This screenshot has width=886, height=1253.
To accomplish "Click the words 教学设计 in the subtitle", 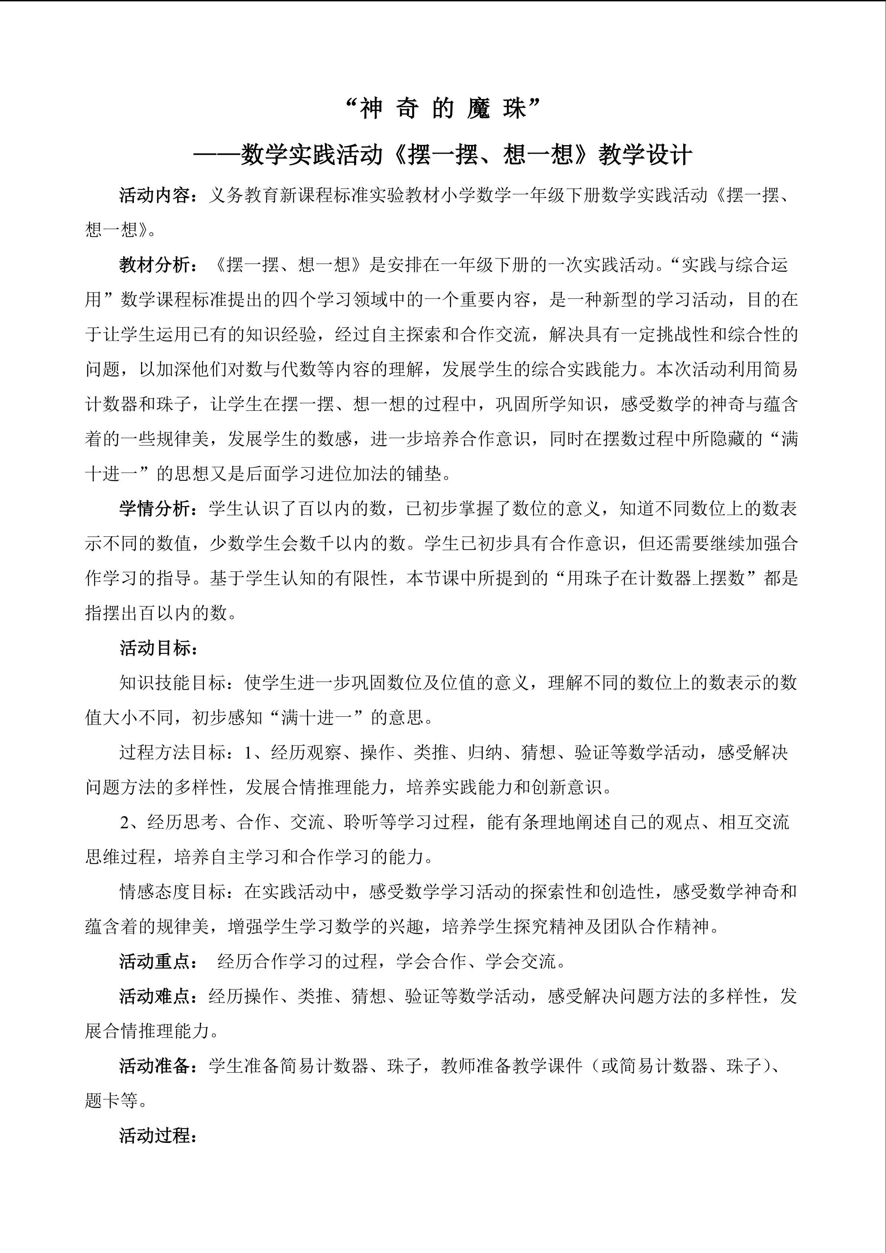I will (645, 155).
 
